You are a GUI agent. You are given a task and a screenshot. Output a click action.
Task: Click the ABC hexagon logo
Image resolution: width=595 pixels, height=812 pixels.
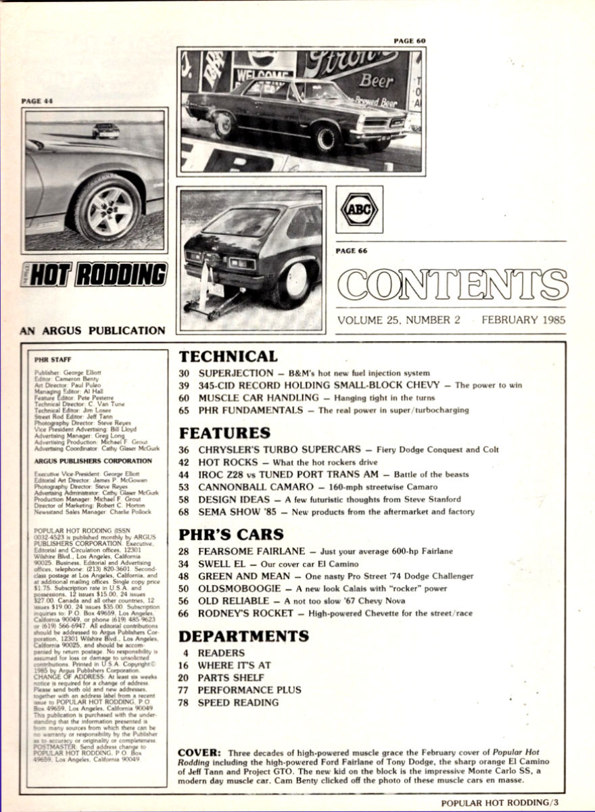click(359, 210)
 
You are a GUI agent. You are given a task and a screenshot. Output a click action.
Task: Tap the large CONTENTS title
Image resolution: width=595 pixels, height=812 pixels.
click(452, 285)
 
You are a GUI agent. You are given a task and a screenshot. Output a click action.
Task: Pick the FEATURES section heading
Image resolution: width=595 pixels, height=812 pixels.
click(224, 432)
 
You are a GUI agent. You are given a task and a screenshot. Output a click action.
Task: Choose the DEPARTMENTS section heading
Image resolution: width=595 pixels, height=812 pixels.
click(243, 635)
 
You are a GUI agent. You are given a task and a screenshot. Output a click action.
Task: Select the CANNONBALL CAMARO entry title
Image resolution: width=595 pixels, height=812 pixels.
click(249, 487)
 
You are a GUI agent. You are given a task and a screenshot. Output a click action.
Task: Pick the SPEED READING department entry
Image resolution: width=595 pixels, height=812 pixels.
click(237, 702)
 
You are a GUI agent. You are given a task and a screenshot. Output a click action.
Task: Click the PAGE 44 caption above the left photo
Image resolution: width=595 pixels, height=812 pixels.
click(37, 101)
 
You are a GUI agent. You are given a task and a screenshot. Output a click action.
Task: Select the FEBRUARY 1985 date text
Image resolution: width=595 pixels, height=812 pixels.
click(523, 320)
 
